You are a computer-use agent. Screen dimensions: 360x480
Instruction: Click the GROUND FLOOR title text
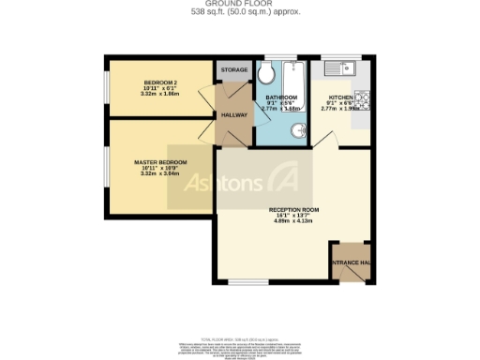click(239, 5)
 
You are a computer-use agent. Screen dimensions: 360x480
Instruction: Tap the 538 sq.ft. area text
click(239, 13)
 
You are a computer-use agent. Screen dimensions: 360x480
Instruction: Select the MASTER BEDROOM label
click(159, 161)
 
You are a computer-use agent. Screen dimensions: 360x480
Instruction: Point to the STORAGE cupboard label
click(234, 70)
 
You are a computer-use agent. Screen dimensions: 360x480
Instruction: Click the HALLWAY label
click(233, 114)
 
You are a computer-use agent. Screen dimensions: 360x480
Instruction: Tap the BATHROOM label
click(280, 97)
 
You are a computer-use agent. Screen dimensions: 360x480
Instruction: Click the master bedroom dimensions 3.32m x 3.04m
click(159, 173)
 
